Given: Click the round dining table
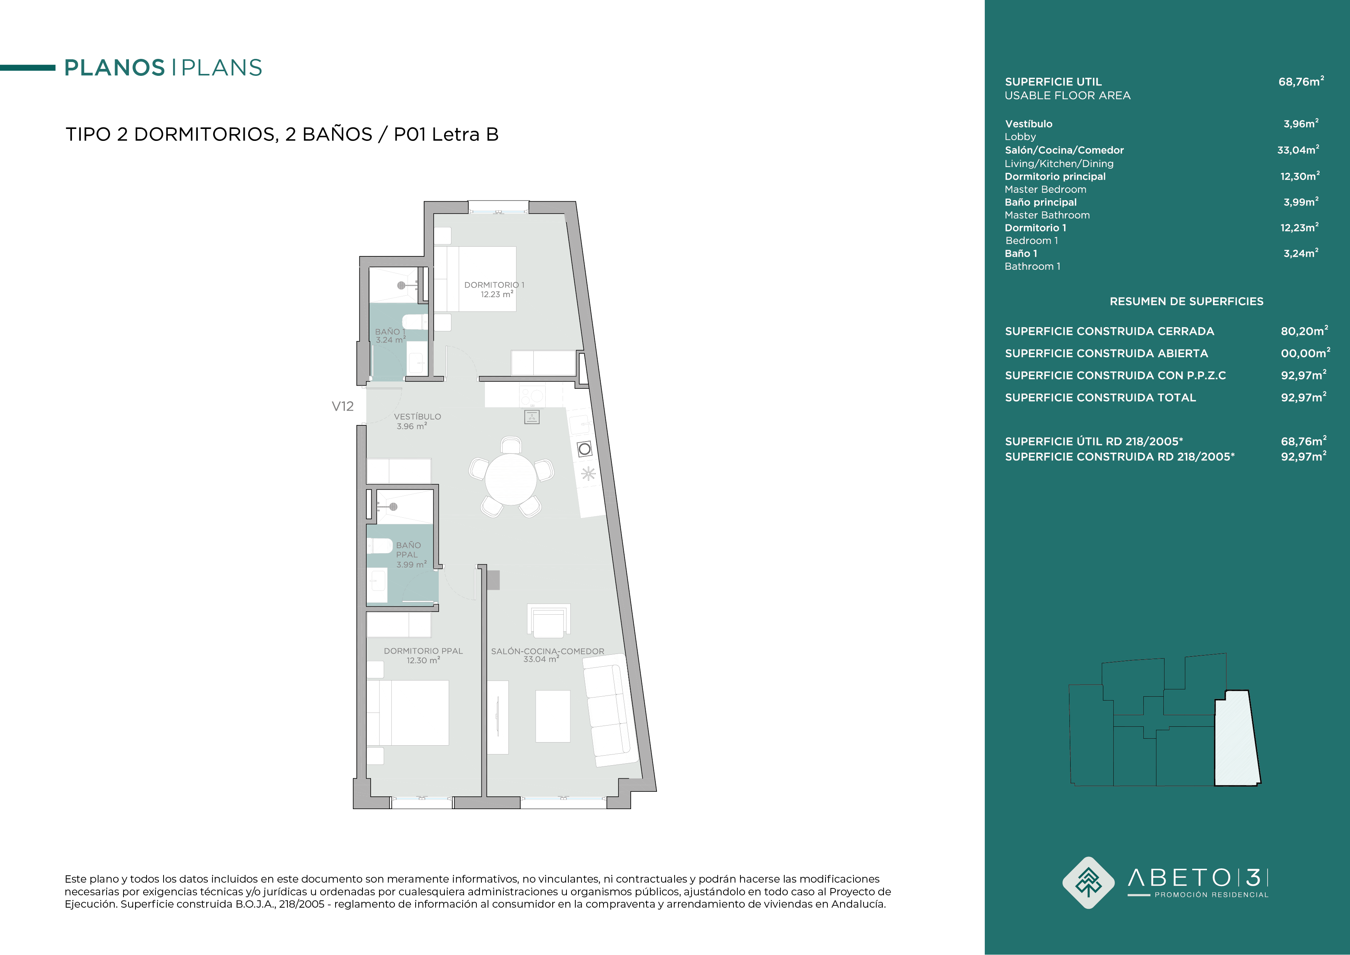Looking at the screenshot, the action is (x=510, y=479).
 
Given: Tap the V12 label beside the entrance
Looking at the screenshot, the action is (x=343, y=406).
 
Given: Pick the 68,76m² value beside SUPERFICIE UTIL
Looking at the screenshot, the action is (x=1301, y=81).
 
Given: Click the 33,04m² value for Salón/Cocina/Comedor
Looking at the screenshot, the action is (x=1298, y=150).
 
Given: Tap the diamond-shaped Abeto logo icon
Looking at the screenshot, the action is (x=1088, y=883).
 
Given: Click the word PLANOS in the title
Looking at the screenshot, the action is (x=115, y=68).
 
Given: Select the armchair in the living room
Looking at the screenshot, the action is (x=549, y=621).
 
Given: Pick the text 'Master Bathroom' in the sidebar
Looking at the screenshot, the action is (x=1047, y=215).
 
